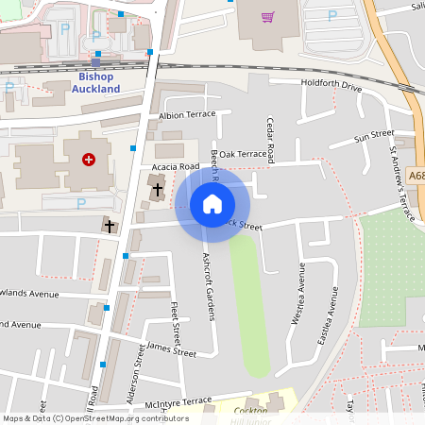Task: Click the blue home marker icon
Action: [212, 203]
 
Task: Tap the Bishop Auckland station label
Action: [96, 82]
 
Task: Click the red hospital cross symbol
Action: [89, 161]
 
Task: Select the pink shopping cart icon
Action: [267, 17]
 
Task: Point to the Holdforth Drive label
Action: [331, 86]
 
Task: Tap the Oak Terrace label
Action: [243, 154]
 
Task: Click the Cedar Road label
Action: [270, 139]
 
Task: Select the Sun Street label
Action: [373, 137]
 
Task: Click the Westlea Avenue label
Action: [299, 293]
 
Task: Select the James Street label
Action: [170, 352]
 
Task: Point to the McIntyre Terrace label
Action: [180, 400]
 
